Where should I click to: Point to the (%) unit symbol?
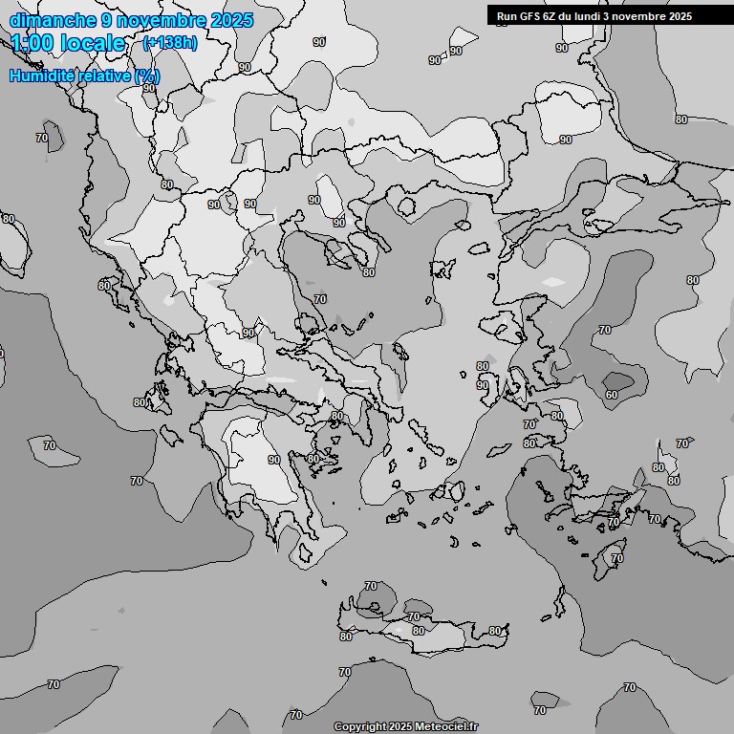click(147, 76)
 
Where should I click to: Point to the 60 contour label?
click(612, 395)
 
